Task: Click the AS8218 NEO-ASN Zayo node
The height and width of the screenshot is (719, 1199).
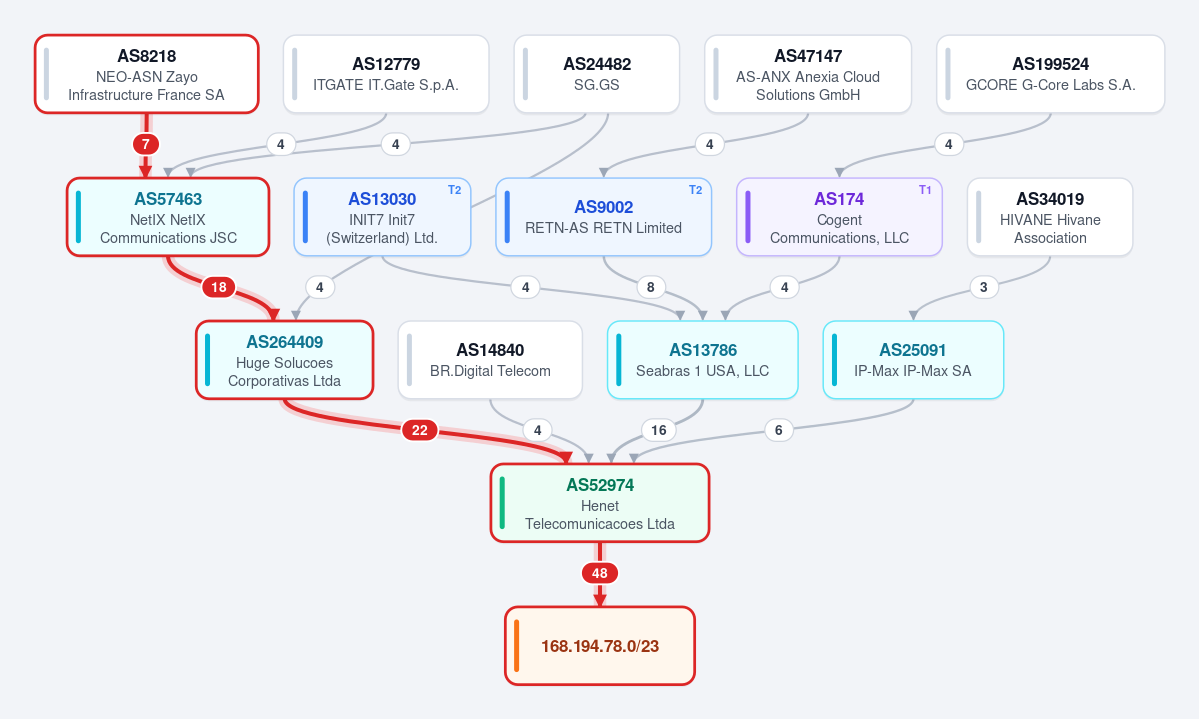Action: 147,74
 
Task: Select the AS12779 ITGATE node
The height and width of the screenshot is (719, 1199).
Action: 386,74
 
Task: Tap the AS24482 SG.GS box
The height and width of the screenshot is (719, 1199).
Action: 596,74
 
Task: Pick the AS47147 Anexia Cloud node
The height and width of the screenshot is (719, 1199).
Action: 807,74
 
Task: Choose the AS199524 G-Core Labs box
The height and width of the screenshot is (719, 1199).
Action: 1051,74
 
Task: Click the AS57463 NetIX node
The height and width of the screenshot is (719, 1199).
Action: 168,217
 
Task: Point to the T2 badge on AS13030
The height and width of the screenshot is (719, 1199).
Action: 454,190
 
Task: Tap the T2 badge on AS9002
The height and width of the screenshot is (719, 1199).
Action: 695,190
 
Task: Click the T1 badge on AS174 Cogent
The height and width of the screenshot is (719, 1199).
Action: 925,190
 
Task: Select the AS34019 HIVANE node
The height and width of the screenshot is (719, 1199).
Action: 1050,217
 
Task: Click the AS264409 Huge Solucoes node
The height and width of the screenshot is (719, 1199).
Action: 284,360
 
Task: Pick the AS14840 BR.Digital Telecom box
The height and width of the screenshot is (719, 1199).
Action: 490,360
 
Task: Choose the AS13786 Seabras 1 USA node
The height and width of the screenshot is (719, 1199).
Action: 703,360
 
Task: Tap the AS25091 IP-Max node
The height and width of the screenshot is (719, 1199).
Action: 913,360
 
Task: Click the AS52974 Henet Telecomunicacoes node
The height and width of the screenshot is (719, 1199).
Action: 600,503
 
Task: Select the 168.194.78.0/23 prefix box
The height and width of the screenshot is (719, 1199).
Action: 600,646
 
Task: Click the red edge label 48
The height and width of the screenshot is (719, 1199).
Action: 600,573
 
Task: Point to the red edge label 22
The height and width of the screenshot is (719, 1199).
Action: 420,430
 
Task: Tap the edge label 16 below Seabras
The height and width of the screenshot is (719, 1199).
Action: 658,430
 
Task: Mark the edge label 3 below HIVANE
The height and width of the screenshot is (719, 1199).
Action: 983,287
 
